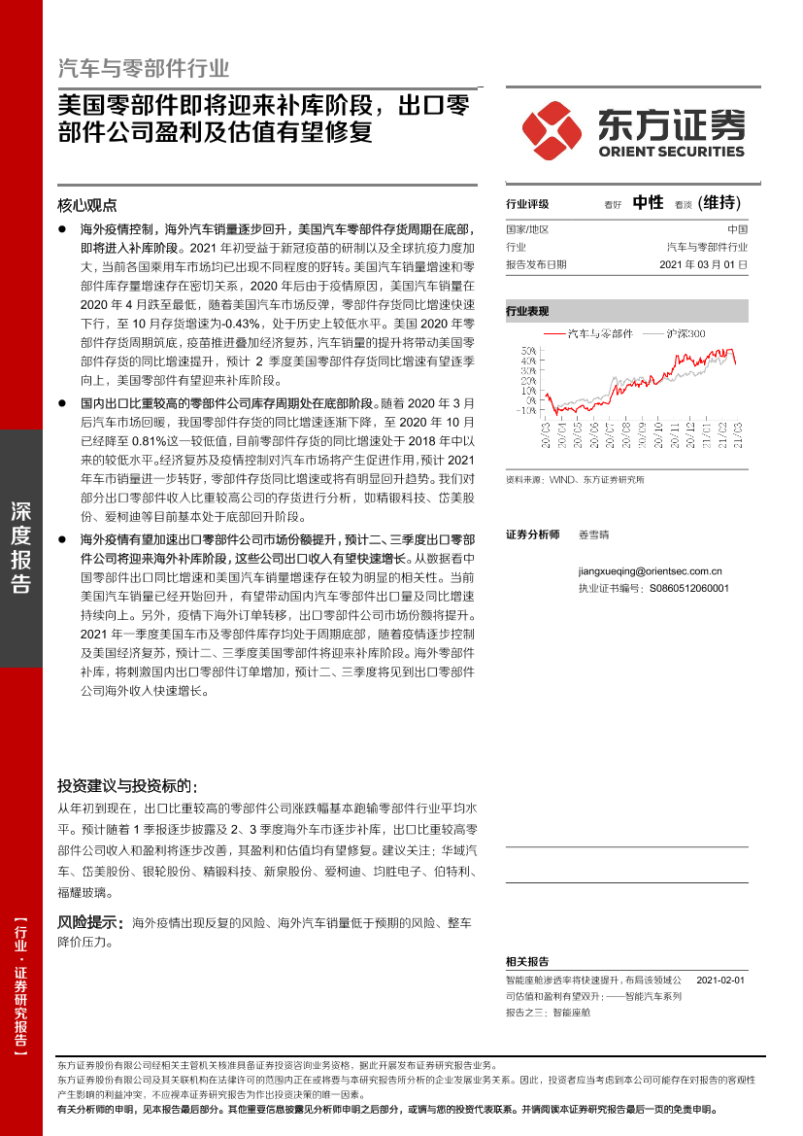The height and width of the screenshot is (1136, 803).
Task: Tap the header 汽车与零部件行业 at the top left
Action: tap(144, 68)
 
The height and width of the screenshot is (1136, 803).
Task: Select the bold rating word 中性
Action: tap(648, 202)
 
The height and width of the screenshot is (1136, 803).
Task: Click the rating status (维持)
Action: tap(719, 202)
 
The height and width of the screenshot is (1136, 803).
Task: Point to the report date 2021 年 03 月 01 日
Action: tap(703, 264)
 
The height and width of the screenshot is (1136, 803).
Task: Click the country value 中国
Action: tap(737, 229)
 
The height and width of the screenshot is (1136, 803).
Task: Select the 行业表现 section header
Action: tap(527, 312)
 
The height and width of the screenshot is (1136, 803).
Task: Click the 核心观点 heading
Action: tap(87, 205)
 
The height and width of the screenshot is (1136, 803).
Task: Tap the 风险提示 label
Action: tap(87, 921)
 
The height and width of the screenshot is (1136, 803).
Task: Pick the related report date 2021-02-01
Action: tap(720, 981)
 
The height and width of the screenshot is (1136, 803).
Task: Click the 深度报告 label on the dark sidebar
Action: tap(20, 548)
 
